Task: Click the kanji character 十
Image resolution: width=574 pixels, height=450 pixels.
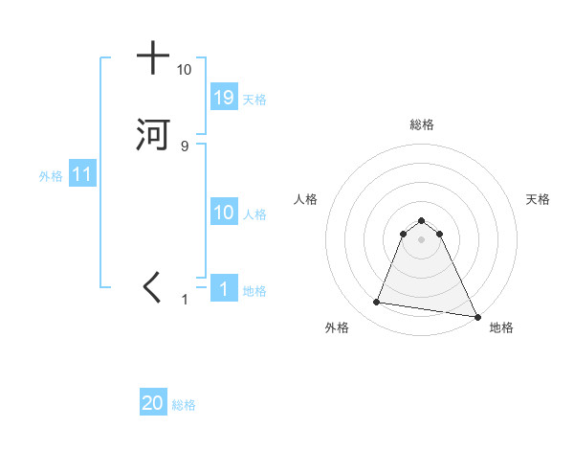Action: [x=153, y=58]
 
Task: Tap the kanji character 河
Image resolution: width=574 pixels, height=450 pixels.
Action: [x=153, y=134]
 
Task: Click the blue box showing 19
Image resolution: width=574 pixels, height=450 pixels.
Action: [x=223, y=97]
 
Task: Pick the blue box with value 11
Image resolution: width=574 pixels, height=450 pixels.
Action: [x=82, y=175]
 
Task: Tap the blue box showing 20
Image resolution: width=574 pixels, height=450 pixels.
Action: [x=153, y=403]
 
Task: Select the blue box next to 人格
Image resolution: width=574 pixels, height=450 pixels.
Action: [x=223, y=213]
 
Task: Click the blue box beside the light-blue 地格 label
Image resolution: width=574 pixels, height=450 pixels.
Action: [x=223, y=289]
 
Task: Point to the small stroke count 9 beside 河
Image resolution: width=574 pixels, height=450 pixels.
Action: [x=185, y=146]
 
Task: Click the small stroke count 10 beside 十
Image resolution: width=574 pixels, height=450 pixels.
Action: [x=184, y=70]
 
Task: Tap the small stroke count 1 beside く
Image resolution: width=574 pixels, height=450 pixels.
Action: [x=186, y=300]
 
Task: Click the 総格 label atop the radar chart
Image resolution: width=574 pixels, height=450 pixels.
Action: [x=422, y=124]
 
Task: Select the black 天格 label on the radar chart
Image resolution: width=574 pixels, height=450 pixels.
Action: [x=538, y=199]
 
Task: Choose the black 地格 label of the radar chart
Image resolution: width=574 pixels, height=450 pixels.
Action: [x=501, y=327]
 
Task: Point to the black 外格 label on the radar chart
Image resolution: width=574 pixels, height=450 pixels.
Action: [x=337, y=327]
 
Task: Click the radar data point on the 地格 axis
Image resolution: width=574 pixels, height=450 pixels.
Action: [x=477, y=316]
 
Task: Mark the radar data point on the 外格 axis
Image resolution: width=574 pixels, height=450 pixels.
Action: [x=377, y=303]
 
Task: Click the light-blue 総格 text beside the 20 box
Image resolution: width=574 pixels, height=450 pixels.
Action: [x=184, y=405]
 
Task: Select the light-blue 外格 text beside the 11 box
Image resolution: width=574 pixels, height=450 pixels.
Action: [x=51, y=176]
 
